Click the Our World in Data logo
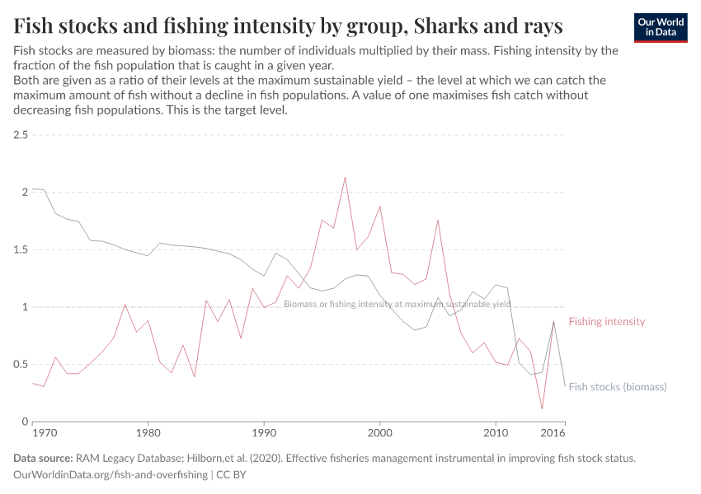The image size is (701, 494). click(x=661, y=27)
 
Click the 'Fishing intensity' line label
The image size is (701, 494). click(x=606, y=322)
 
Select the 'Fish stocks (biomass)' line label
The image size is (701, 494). click(x=617, y=386)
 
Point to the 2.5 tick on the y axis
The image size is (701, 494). click(x=21, y=134)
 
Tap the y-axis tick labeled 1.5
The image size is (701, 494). click(x=21, y=249)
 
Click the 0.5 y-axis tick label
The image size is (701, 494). click(x=21, y=365)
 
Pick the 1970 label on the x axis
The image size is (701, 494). click(x=44, y=432)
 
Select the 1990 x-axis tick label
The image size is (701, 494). click(x=263, y=432)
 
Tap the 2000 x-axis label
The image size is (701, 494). click(x=379, y=432)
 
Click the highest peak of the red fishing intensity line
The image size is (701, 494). click(x=345, y=177)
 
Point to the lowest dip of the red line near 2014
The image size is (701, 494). click(x=542, y=408)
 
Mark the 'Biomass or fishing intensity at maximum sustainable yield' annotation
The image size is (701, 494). click(x=397, y=304)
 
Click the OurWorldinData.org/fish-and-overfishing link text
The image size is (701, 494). click(x=111, y=475)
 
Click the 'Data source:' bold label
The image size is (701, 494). click(x=43, y=459)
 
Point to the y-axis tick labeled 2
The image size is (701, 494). click(x=25, y=192)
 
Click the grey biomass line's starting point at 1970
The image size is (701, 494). click(x=32, y=189)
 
